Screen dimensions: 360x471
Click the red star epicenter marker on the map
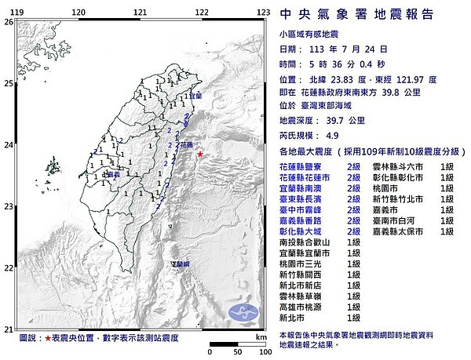[x=200, y=155]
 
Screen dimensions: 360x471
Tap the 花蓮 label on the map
[x=187, y=145]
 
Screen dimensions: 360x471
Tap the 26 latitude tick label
[x=8, y=23]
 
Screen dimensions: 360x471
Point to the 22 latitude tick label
[x=8, y=268]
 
